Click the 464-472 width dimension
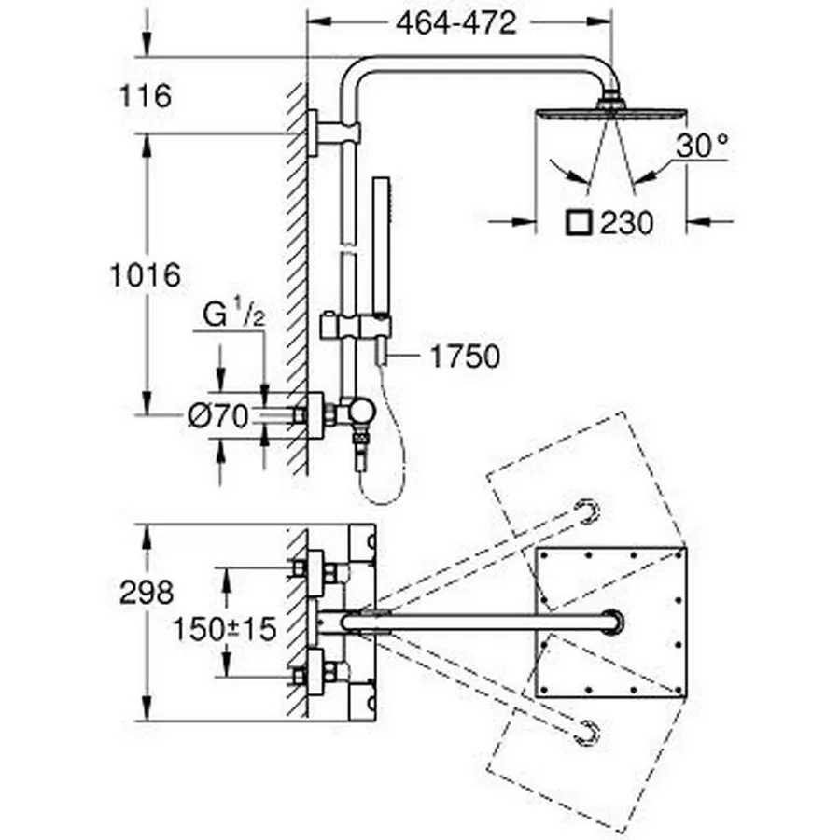pos(455,24)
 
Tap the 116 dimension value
pos(146,95)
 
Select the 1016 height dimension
pos(144,275)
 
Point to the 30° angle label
pos(703,145)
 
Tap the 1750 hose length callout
pos(464,357)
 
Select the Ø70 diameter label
pos(217,416)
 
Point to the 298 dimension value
pos(146,593)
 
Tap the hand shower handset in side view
pos(381,224)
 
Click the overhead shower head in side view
pos(611,113)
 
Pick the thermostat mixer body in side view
pos(358,411)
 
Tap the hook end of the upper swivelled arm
pos(586,510)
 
